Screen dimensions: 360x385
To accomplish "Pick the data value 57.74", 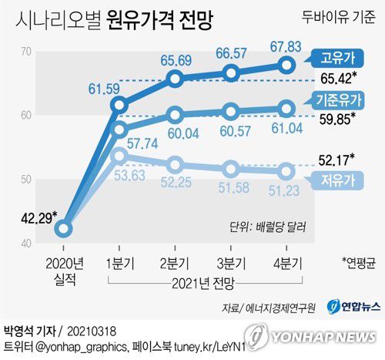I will click(x=142, y=143).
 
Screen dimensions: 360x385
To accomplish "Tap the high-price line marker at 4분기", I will click(x=286, y=65).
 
